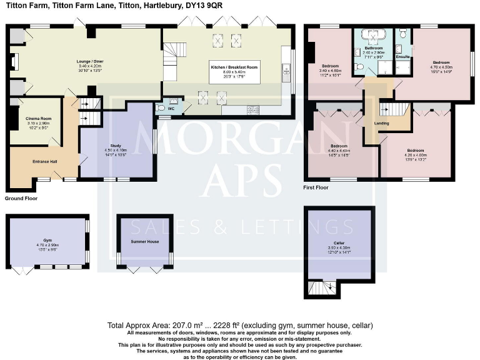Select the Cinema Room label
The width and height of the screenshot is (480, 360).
pos(39,119)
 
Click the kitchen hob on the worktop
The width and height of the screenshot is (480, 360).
pos(254,110)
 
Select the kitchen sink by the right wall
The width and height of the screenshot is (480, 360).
pos(286,72)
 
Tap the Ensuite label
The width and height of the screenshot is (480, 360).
pos(402,57)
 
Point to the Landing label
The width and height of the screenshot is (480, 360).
pos(381,123)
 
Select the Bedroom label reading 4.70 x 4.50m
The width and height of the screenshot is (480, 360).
pos(441,62)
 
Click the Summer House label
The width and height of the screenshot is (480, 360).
pos(144,241)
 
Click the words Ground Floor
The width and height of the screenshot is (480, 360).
pos(21,198)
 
